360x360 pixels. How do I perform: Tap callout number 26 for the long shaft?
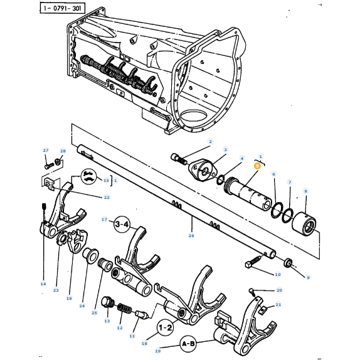tap(191, 236)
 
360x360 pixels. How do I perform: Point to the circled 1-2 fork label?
tap(166, 327)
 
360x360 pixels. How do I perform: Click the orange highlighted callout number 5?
tap(257, 166)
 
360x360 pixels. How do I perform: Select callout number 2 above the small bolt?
tap(210, 142)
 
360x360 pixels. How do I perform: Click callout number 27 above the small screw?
tap(45, 151)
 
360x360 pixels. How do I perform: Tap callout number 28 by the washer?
tap(63, 151)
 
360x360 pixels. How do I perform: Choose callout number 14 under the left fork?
tap(43, 284)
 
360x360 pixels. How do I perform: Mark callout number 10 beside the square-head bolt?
tap(278, 274)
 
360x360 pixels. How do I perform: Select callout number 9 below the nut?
tap(308, 277)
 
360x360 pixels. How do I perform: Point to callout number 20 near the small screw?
tap(279, 290)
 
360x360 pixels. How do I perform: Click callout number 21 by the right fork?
tap(279, 305)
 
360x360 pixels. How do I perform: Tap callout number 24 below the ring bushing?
tap(82, 306)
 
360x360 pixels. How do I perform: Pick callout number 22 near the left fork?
tap(107, 198)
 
